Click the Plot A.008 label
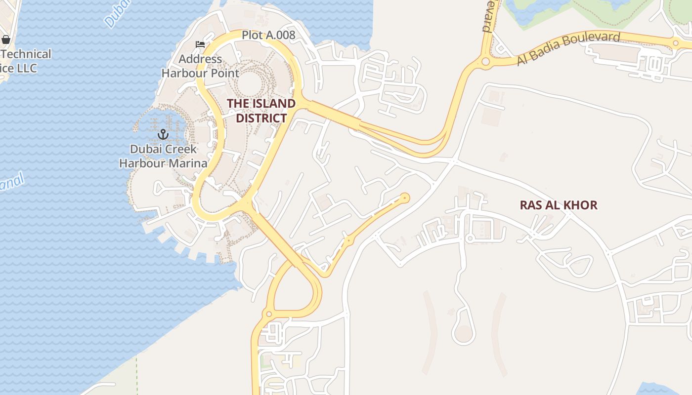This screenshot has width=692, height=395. pyautogui.click(x=268, y=35)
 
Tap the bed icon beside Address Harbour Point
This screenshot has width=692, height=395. pyautogui.click(x=200, y=44)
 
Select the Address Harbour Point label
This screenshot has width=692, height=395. pyautogui.click(x=200, y=66)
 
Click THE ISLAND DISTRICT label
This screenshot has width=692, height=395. pyautogui.click(x=261, y=111)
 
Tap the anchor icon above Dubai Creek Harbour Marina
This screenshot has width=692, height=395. pyautogui.click(x=163, y=134)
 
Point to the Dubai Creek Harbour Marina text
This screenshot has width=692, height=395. pyautogui.click(x=163, y=156)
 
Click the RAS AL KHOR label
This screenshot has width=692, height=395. pyautogui.click(x=559, y=205)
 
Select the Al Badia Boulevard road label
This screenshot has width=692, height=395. pyautogui.click(x=568, y=48)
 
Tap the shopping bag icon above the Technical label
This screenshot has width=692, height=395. pyautogui.click(x=6, y=39)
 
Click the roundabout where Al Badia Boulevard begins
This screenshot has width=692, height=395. pyautogui.click(x=485, y=62)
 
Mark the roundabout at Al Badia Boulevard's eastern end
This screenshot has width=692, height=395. pyautogui.click(x=676, y=43)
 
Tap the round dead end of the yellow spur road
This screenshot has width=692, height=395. pyautogui.click(x=405, y=198)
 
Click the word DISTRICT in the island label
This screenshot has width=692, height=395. pyautogui.click(x=261, y=118)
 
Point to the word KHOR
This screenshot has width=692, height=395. pyautogui.click(x=582, y=205)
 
